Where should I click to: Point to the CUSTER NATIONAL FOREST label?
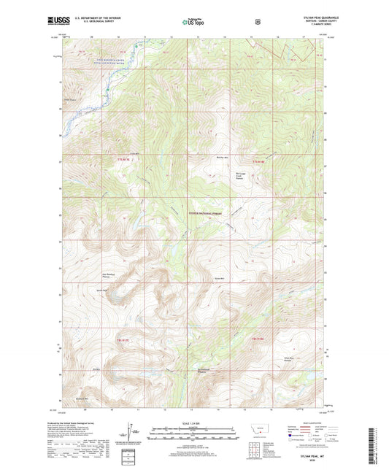(205, 213)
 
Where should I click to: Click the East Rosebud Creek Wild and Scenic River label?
(93, 72)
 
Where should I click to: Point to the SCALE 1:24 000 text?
(193, 423)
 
